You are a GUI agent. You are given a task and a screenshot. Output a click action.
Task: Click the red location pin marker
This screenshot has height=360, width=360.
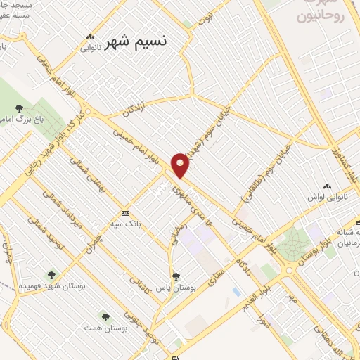pyautogui.click(x=181, y=165)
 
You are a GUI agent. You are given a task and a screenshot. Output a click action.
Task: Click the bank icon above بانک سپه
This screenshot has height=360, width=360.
pyautogui.click(x=125, y=213)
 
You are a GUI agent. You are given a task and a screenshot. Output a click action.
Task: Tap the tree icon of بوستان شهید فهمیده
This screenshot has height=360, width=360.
pyautogui.click(x=51, y=274)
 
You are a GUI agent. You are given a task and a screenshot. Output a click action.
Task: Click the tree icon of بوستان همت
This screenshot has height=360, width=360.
pyautogui.click(x=105, y=317)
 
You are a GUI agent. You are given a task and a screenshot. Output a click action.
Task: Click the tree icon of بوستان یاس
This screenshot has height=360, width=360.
pyautogui.click(x=175, y=276)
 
